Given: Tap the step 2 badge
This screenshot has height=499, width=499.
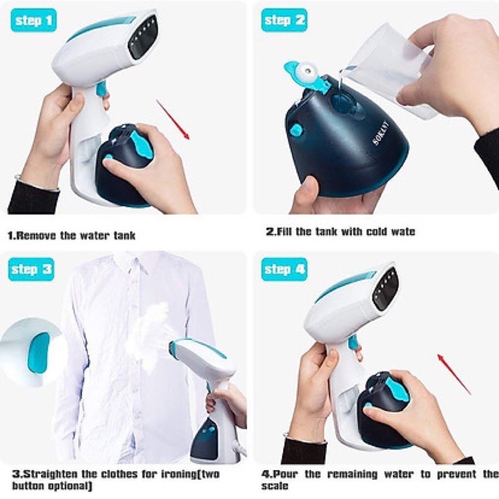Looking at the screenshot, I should pos(284,21).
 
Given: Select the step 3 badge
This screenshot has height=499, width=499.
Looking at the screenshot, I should pos(32,270).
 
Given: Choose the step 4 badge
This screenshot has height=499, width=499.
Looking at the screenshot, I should pos(284,270).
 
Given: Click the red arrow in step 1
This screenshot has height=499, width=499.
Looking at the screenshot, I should pos(173,120).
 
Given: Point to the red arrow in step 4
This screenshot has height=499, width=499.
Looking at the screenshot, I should pos(453,374).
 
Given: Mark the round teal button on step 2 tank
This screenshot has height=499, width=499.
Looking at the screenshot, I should pos(296,130).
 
